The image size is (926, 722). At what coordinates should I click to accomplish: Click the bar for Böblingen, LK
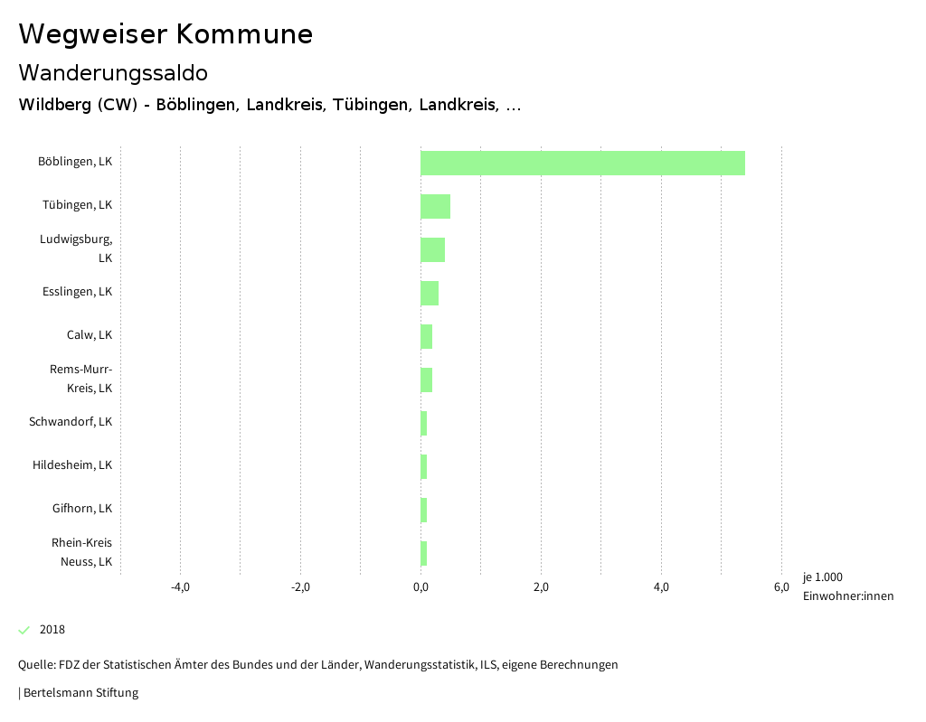[x=582, y=163]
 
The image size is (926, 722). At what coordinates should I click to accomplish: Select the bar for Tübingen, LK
[x=435, y=206]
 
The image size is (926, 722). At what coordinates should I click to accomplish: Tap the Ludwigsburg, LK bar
[x=432, y=249]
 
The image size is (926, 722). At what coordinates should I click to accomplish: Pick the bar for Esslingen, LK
[x=430, y=293]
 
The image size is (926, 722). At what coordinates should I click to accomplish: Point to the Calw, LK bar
[x=426, y=336]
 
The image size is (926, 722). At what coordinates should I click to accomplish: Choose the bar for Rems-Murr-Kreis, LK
[x=426, y=380]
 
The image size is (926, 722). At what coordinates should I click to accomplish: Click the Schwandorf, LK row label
[x=71, y=422]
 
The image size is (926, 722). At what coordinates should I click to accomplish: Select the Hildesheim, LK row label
[x=72, y=465]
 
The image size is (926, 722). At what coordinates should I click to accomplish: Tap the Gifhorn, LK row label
[x=82, y=509]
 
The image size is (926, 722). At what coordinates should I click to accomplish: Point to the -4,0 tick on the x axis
[x=180, y=587]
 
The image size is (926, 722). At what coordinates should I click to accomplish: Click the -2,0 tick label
[x=300, y=587]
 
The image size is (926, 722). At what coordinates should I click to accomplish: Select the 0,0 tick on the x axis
[x=420, y=587]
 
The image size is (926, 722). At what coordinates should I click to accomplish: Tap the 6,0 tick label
[x=781, y=587]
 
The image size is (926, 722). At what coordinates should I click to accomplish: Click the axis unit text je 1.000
[x=822, y=577]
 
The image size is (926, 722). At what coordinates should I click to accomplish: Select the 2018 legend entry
[x=52, y=630]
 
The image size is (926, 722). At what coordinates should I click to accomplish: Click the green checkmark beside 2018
[x=24, y=630]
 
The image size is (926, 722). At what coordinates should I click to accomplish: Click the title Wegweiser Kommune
[x=165, y=34]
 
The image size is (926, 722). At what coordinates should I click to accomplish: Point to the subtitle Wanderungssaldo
[x=113, y=72]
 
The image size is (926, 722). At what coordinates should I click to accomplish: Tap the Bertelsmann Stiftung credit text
[x=80, y=693]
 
